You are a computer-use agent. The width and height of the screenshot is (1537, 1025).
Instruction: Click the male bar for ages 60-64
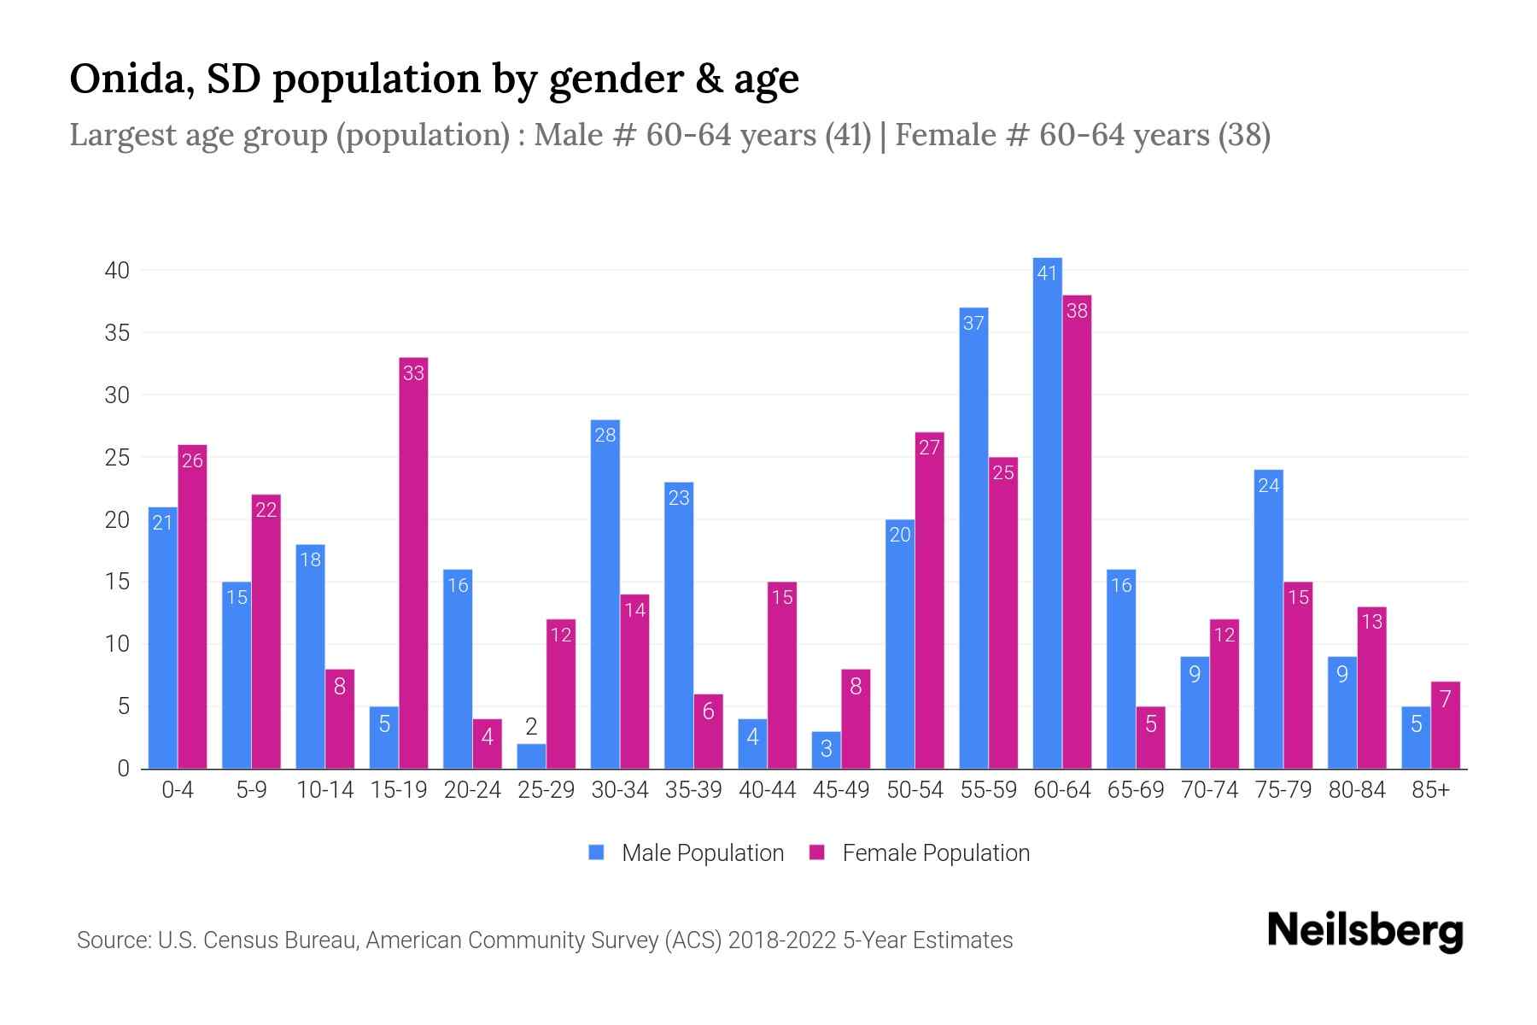click(1047, 512)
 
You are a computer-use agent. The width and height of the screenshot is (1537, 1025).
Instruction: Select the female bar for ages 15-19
click(413, 564)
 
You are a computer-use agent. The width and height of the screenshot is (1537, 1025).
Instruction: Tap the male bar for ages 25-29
click(531, 756)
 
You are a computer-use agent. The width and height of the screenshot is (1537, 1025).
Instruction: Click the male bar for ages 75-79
click(1268, 619)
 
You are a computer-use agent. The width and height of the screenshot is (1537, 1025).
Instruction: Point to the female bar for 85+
click(1446, 725)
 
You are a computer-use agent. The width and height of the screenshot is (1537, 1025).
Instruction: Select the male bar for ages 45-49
click(826, 750)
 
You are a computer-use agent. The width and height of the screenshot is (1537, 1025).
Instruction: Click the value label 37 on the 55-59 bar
click(973, 323)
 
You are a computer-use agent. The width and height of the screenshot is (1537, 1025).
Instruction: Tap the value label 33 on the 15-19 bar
click(413, 372)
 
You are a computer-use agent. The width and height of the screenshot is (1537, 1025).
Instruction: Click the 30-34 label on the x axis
click(620, 790)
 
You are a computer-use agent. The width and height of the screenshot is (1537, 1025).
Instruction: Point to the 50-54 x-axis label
click(915, 790)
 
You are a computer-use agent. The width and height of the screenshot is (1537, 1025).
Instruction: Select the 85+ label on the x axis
click(1430, 790)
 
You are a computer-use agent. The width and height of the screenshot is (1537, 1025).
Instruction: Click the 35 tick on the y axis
click(117, 332)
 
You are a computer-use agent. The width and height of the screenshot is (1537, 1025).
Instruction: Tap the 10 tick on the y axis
click(117, 644)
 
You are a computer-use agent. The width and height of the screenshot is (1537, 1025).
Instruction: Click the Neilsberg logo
click(1365, 931)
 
